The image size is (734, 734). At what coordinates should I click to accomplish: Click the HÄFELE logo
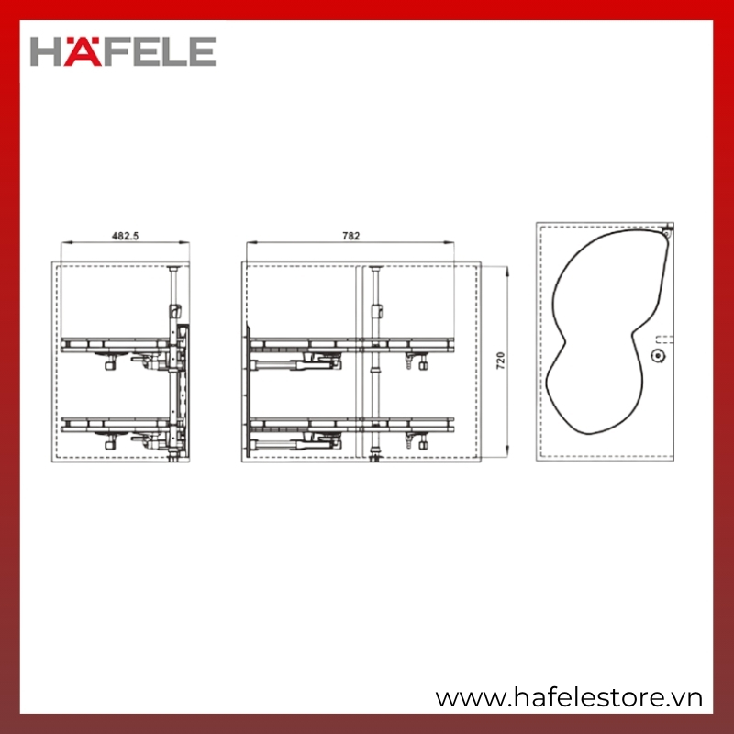pos(123,51)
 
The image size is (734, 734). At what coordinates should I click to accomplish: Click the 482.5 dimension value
pos(125,236)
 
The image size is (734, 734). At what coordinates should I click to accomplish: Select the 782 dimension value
pos(350,236)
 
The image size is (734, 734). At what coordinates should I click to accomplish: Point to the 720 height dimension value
pos(500,361)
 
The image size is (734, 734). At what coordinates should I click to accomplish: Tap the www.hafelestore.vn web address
pos(569,698)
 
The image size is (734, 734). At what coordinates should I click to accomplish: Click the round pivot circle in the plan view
pos(659,356)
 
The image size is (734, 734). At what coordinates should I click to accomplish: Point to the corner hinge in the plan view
pos(667,231)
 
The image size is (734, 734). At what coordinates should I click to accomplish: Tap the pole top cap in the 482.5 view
pos(173,269)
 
